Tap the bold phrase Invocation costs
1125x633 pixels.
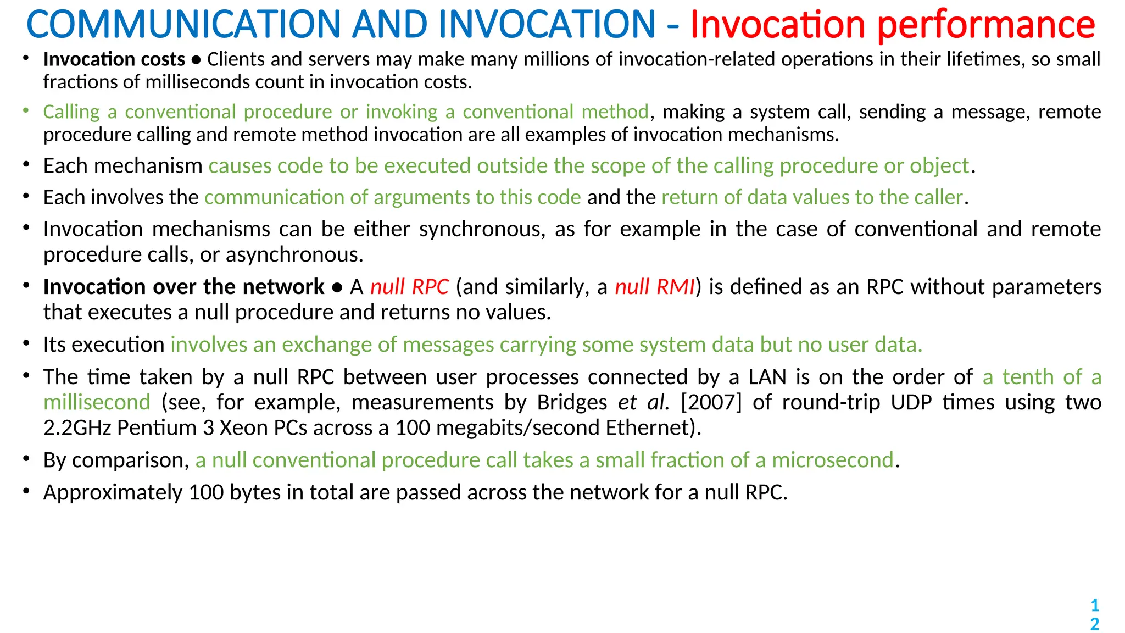(x=114, y=59)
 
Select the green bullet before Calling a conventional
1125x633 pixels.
(x=25, y=110)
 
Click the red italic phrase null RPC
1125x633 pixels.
(x=409, y=287)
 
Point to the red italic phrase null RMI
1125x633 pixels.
(x=655, y=287)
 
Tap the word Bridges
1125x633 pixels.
(x=572, y=402)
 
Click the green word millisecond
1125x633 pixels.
(x=97, y=402)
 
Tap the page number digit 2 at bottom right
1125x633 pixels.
(x=1094, y=624)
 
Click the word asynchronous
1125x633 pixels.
(x=294, y=255)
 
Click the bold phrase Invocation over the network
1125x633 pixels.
(x=183, y=287)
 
